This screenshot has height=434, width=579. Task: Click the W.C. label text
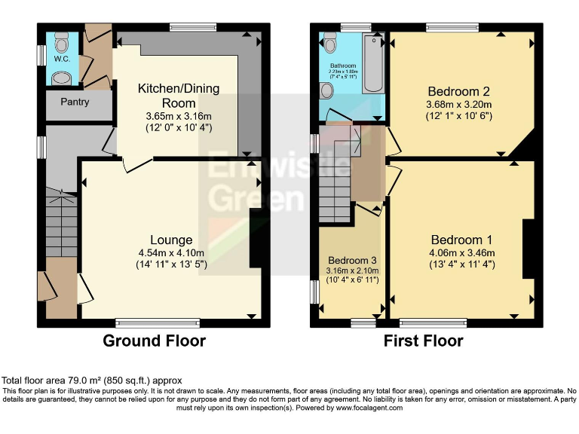click(x=61, y=58)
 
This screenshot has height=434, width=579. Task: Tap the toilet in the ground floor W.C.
click(x=61, y=40)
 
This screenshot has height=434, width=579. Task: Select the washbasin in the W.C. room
click(x=60, y=77)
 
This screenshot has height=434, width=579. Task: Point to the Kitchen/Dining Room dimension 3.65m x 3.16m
click(x=178, y=116)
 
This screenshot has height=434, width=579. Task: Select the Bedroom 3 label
click(x=352, y=259)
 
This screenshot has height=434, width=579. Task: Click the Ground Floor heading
click(x=154, y=341)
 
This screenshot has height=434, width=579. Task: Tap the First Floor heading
click(x=423, y=341)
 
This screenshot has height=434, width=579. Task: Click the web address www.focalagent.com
click(x=369, y=408)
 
